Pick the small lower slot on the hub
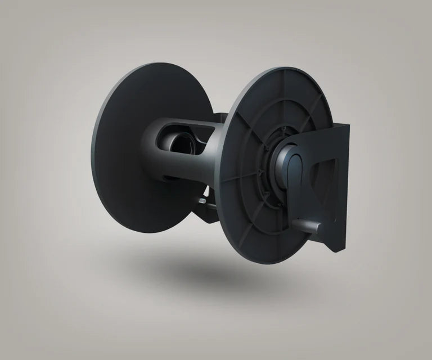pos(169,178)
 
